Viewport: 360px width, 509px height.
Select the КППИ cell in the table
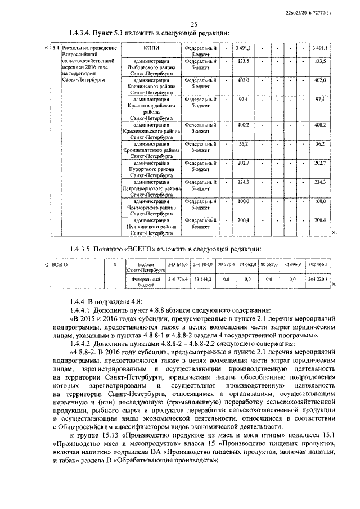point(151,49)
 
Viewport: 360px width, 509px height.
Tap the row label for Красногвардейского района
point(151,109)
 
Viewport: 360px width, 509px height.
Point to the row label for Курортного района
point(151,168)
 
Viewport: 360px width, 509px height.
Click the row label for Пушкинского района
point(151,227)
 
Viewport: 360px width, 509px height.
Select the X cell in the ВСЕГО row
point(115,263)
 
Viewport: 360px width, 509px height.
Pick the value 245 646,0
point(178,263)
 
